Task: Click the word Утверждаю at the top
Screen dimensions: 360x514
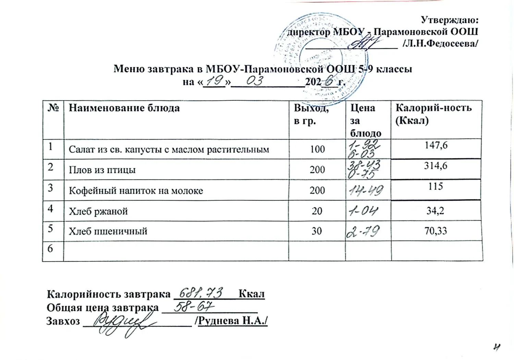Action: pos(449,20)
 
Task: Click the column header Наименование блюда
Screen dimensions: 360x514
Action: pos(124,108)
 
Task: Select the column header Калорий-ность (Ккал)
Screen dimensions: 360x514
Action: pos(433,114)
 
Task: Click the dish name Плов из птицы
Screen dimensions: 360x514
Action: pos(102,170)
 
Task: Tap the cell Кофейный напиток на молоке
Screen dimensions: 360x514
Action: pos(136,190)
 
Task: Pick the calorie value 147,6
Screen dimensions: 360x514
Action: pos(436,145)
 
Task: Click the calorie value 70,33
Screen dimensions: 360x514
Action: pos(436,231)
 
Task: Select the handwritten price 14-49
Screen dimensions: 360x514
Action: pos(365,190)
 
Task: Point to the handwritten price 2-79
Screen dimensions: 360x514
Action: pos(363,232)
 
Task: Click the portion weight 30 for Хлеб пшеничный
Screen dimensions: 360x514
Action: pos(317,231)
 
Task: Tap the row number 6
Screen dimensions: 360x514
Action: pos(50,248)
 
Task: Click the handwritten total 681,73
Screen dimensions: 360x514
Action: pos(202,293)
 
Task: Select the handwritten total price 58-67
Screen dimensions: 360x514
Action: pos(194,307)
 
